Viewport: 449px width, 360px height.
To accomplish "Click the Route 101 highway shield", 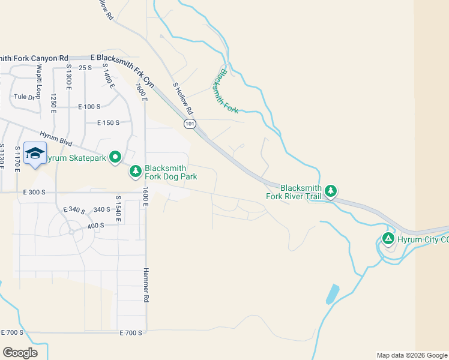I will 190,124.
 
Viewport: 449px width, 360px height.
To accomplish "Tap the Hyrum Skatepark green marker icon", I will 115,158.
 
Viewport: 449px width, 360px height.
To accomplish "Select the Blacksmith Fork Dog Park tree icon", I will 136,172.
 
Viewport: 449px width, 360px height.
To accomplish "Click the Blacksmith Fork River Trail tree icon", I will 330,191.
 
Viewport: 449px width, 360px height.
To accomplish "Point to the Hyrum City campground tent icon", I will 388,239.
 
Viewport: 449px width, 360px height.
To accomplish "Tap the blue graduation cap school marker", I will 35,154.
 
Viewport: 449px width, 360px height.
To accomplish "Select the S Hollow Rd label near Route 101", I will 183,99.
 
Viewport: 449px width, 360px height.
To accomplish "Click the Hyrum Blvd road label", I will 56,137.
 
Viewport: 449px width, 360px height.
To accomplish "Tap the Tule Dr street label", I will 25,97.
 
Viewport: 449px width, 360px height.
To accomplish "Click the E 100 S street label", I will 89,107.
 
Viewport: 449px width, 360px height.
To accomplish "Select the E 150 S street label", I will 109,122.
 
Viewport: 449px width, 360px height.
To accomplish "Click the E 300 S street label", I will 34,193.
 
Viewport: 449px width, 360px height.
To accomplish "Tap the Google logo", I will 20,352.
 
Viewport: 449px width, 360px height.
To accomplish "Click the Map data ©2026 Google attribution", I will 412,355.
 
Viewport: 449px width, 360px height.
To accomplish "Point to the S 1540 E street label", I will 118,209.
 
